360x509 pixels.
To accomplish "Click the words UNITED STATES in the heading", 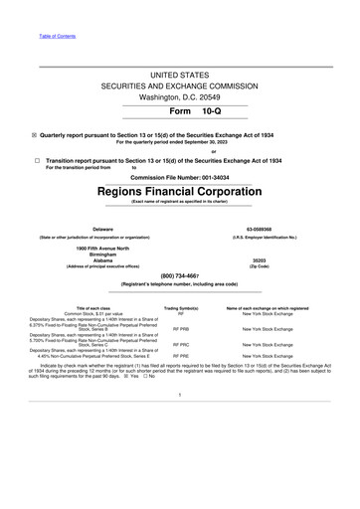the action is pyautogui.click(x=179, y=76).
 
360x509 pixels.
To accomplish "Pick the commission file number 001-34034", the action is pyautogui.click(x=212, y=177).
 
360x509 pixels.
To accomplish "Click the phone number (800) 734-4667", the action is pyautogui.click(x=179, y=275).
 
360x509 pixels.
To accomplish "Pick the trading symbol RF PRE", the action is pyautogui.click(x=181, y=356).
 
